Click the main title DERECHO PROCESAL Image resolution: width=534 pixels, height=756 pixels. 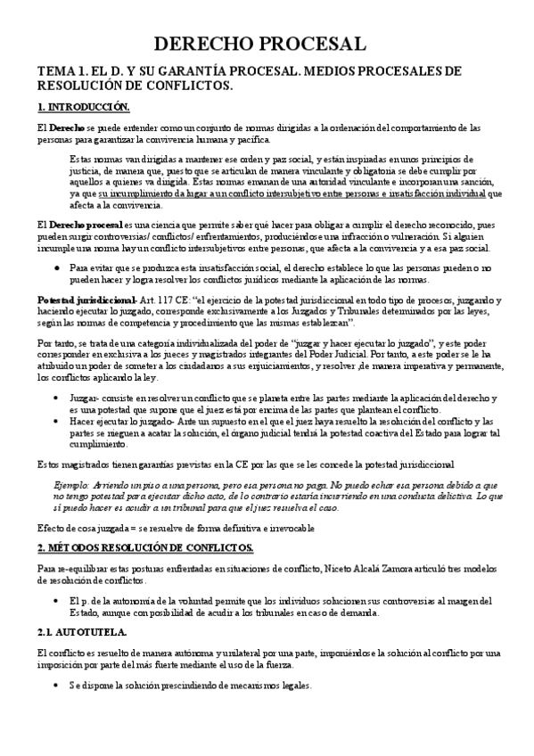pos(267,44)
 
